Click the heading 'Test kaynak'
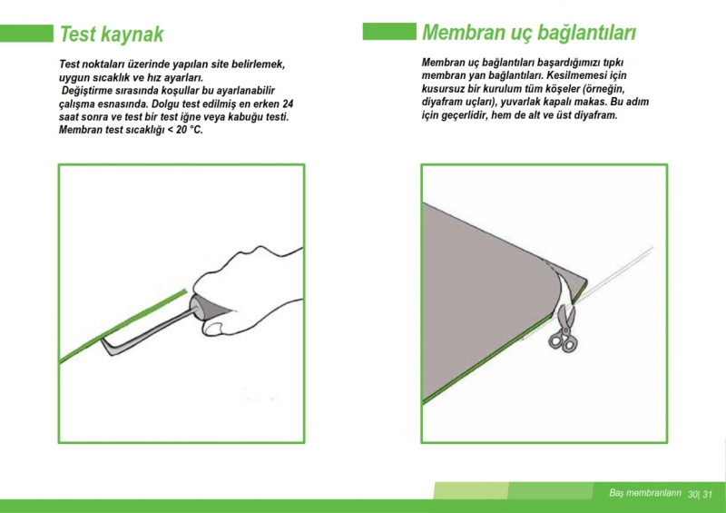pos(112,35)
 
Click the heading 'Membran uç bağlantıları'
pos(529,33)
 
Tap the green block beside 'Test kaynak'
pos(26,34)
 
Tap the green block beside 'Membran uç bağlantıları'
pos(389,31)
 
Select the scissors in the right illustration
pos(564,328)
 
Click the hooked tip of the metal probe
pos(106,346)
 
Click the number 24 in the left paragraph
pos(288,104)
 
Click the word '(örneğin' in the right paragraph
pos(603,88)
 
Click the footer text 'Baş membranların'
pos(645,493)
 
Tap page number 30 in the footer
pos(692,494)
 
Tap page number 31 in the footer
pos(707,494)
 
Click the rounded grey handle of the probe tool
pos(198,307)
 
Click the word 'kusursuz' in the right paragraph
pos(442,88)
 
